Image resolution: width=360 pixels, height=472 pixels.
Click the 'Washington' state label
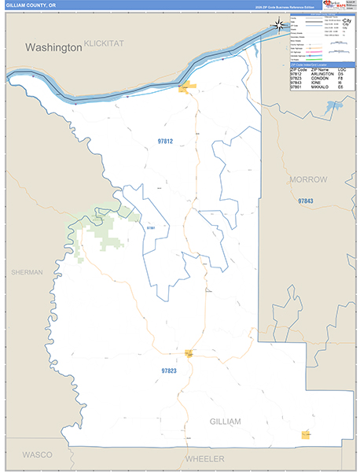53,47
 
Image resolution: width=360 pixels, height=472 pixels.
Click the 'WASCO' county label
36,455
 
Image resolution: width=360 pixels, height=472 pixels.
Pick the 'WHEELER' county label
204,459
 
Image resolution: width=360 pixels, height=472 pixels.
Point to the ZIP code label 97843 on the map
306,201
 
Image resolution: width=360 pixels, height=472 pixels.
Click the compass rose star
280,25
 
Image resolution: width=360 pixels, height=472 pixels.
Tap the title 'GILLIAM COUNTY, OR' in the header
29,5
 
